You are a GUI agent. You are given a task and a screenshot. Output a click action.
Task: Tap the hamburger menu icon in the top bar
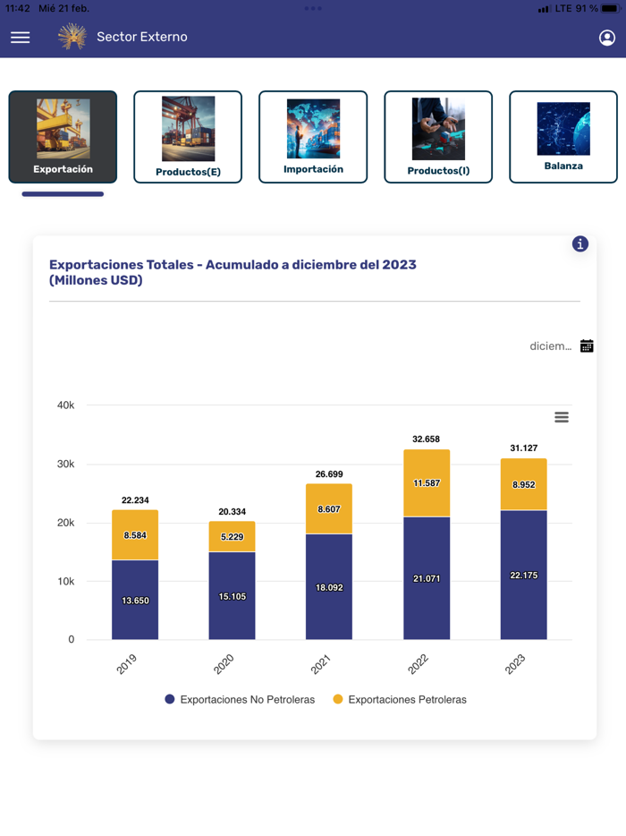[20, 38]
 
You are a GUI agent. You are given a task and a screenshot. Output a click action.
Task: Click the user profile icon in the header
[606, 38]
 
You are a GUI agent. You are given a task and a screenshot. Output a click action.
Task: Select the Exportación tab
[63, 137]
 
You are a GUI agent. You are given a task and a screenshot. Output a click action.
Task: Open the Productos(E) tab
[188, 137]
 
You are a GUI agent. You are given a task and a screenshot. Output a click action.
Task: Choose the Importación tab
[313, 137]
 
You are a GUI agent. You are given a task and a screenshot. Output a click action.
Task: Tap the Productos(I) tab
[438, 137]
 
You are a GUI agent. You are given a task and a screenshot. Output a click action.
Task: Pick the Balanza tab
[563, 137]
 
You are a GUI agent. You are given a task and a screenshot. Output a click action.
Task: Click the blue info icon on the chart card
[580, 243]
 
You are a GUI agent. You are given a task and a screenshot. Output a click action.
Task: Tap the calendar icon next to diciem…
[587, 346]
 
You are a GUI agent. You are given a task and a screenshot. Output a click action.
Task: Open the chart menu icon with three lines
[562, 417]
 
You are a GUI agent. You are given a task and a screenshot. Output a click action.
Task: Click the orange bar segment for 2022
[427, 483]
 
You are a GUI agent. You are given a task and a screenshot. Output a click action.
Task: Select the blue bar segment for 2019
[135, 600]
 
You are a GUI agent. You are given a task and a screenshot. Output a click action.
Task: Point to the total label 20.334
[232, 512]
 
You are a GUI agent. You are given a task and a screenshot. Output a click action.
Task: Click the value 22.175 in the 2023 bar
[523, 576]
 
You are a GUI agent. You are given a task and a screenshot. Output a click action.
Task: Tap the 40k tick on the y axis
[65, 405]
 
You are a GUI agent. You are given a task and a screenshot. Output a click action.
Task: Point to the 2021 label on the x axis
[321, 663]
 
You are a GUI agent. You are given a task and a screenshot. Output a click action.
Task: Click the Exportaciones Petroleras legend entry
[400, 700]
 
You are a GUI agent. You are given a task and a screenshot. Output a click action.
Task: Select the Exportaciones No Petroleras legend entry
[240, 700]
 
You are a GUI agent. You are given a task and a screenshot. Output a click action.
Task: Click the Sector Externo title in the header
[142, 38]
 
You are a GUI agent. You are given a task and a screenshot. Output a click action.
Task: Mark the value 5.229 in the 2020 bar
[232, 537]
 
